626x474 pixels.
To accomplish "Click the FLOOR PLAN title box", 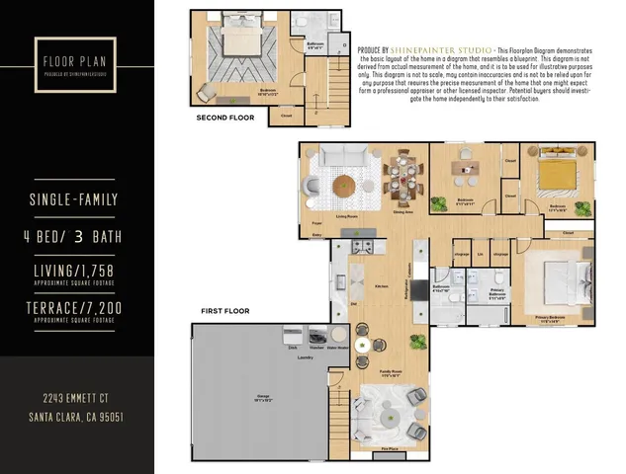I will pos(76,61).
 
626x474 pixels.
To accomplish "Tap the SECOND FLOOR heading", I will pos(224,118).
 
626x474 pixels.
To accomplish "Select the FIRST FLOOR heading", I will pos(224,311).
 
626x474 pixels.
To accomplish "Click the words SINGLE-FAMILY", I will pos(75,200).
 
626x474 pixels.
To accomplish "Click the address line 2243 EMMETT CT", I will pos(76,398).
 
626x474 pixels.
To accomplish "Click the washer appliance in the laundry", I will pos(317,337).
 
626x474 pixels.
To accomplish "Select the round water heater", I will pos(338,336).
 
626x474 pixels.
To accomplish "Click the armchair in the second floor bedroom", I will pos(210,91).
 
